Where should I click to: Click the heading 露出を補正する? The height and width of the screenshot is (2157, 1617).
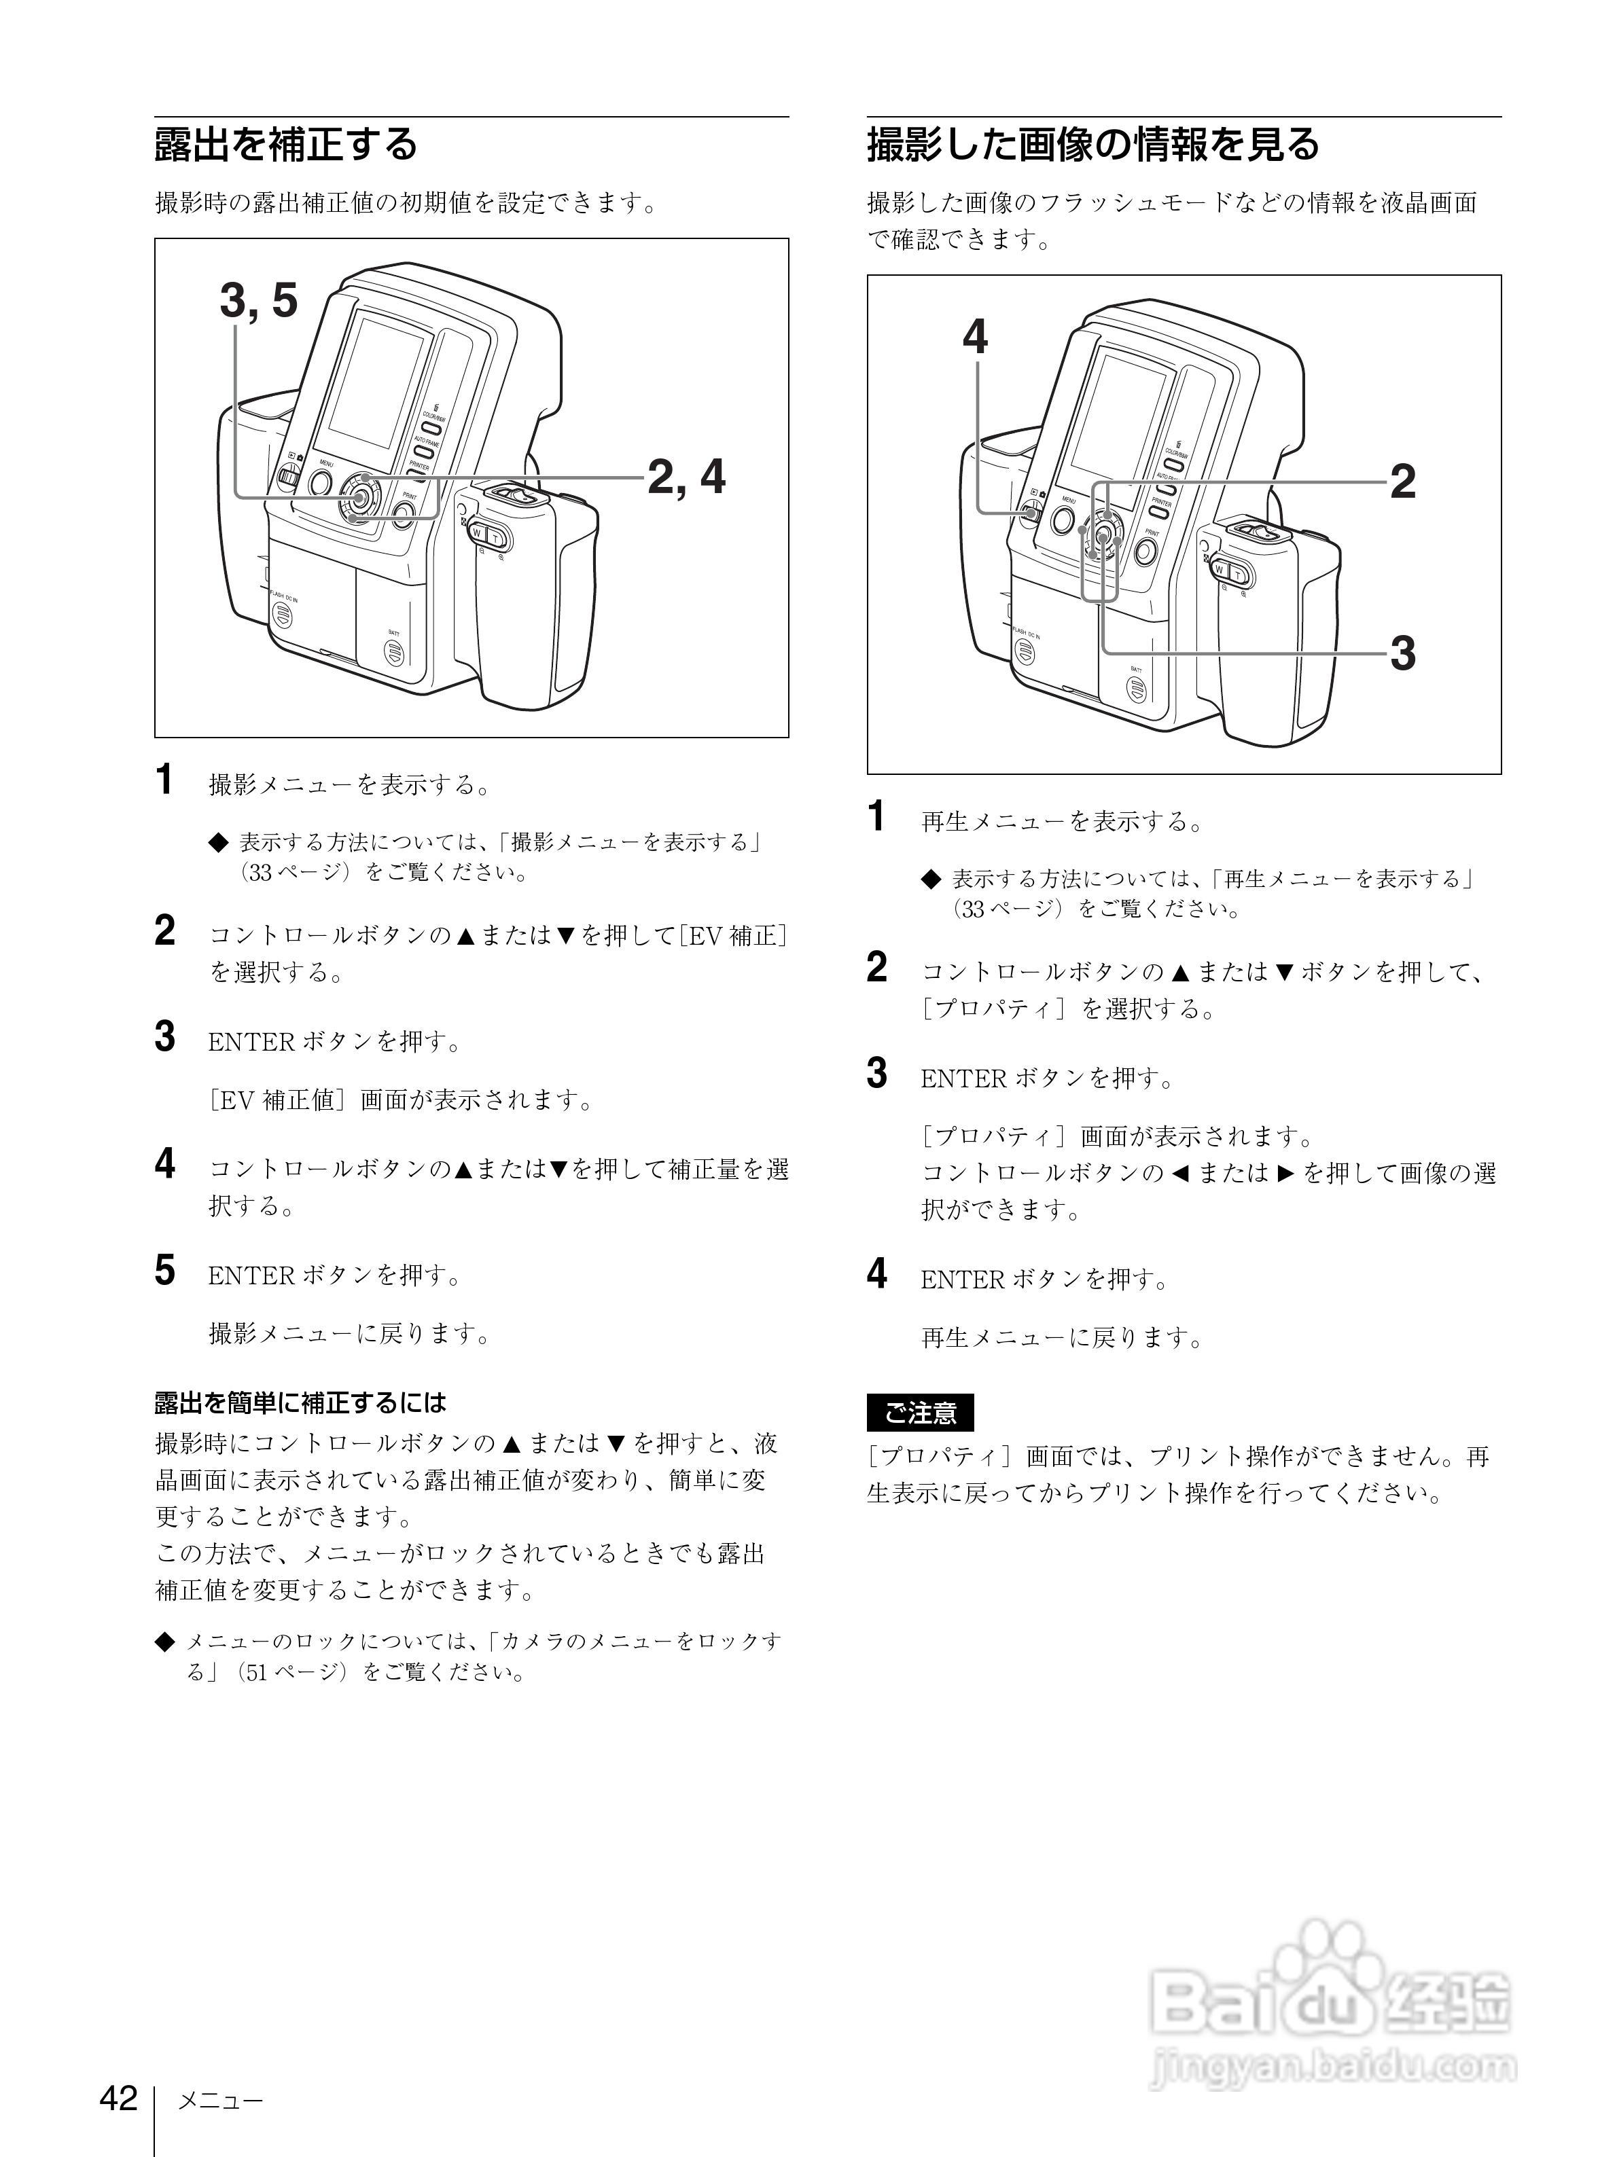coord(286,144)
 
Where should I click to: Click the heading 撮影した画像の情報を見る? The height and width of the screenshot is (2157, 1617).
coord(1092,144)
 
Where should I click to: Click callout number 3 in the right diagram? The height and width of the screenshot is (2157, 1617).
coord(1402,653)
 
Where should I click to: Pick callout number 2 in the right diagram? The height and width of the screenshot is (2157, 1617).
coord(1402,482)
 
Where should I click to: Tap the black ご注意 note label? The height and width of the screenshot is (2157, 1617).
coord(920,1412)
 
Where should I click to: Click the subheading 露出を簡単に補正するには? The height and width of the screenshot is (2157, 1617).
coord(300,1402)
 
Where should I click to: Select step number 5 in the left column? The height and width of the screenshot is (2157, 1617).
coord(166,1271)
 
